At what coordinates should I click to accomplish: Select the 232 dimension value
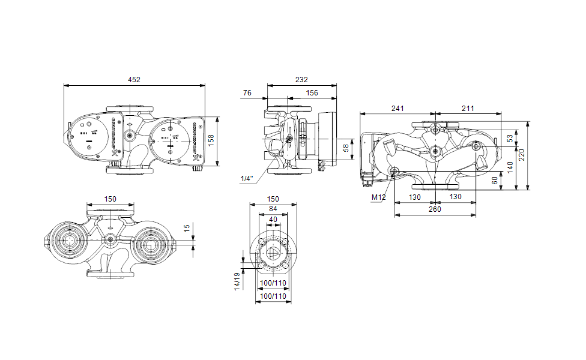(301, 79)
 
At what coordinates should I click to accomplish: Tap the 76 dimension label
(247, 92)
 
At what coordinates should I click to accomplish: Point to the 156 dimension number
(312, 92)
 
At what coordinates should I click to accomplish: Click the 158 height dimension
(211, 140)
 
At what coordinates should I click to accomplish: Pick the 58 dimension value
(345, 148)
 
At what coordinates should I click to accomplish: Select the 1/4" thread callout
(247, 179)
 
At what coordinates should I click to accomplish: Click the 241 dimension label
(397, 108)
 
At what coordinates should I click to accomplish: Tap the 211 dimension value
(468, 108)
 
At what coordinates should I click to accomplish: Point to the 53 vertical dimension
(510, 139)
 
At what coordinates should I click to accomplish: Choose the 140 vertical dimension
(510, 166)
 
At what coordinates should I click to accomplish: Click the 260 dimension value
(435, 209)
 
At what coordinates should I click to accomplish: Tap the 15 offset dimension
(187, 229)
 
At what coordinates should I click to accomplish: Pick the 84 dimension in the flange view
(273, 208)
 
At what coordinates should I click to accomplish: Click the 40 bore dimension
(273, 220)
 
